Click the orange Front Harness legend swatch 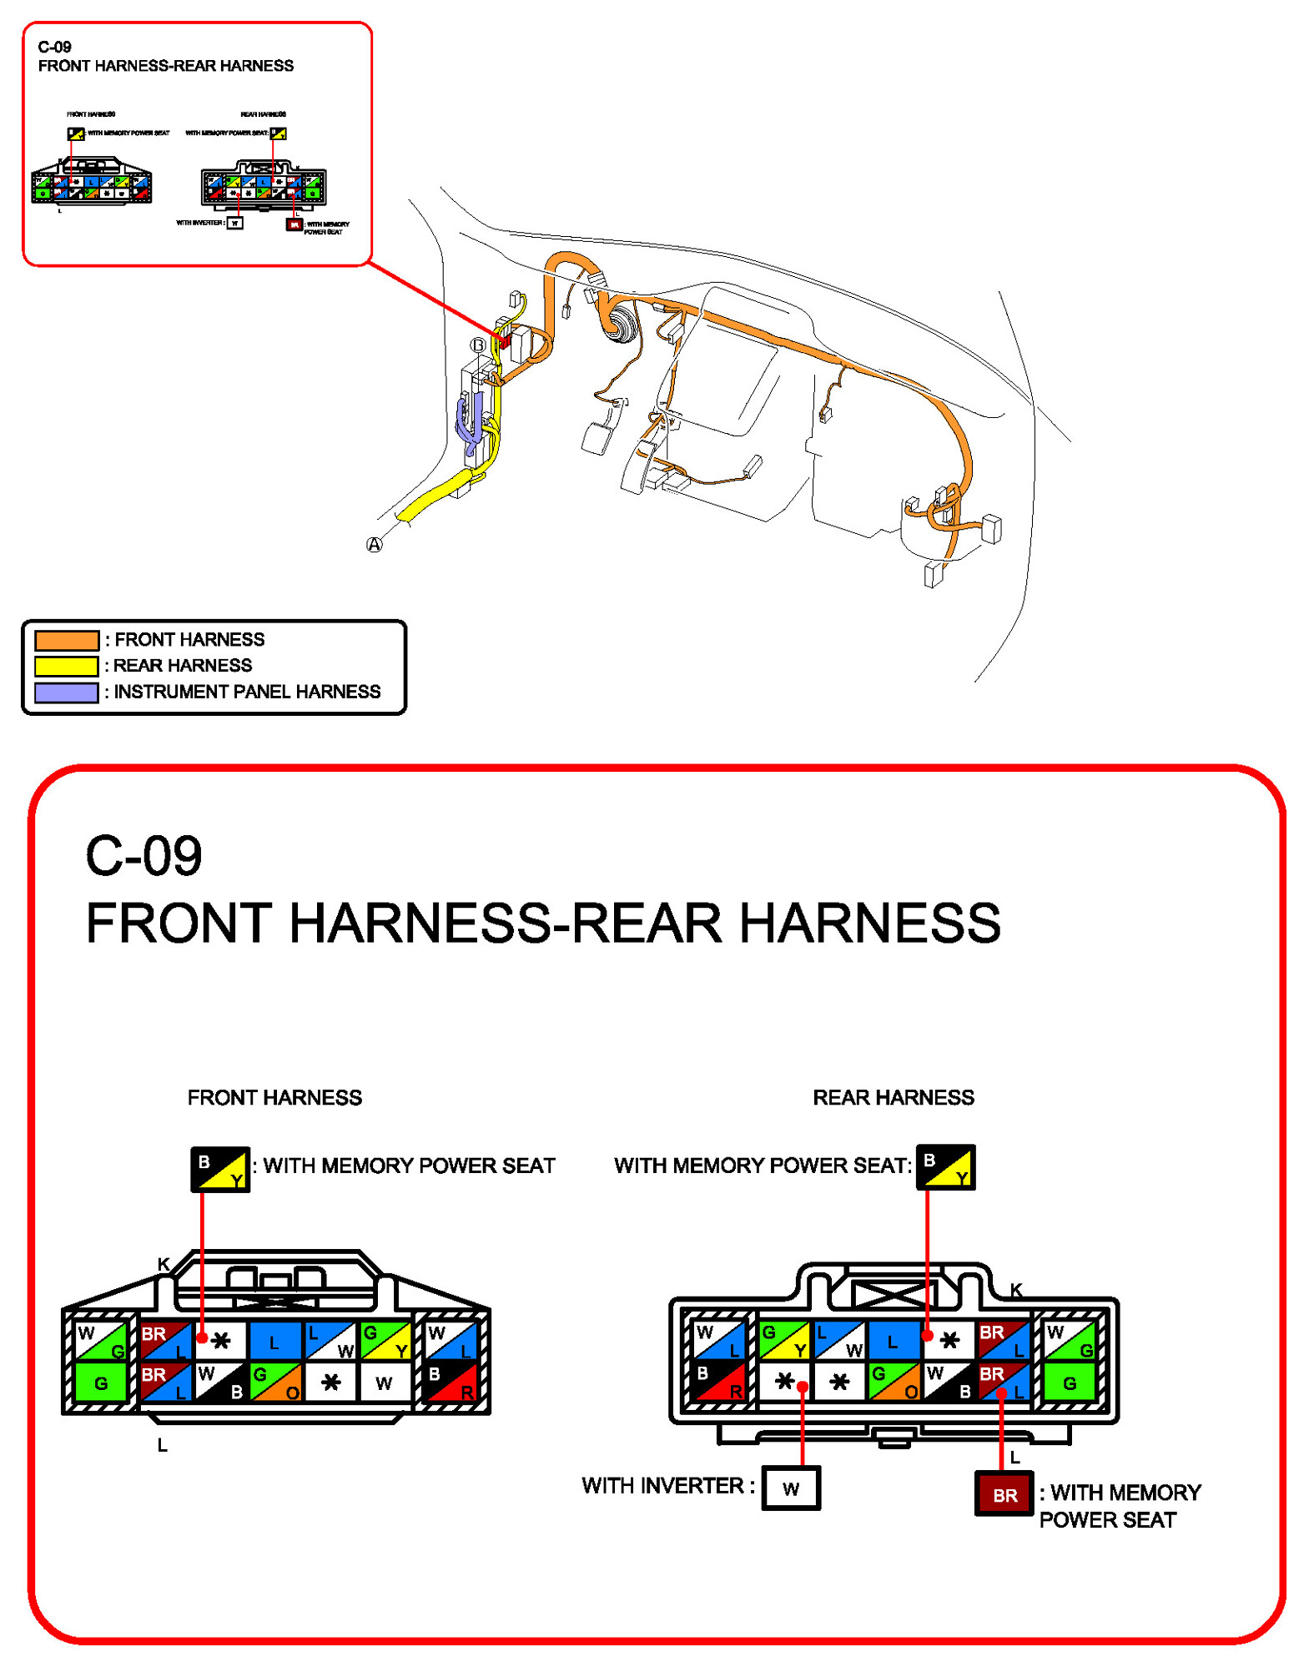[67, 640]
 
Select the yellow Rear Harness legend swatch [67, 666]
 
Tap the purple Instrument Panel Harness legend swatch [67, 692]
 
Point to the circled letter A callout [375, 545]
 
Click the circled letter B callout [478, 345]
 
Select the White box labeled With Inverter [791, 1488]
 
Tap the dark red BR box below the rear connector [1004, 1494]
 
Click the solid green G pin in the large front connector [101, 1382]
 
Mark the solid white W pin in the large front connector [384, 1382]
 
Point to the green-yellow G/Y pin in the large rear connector [784, 1340]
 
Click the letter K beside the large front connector [164, 1265]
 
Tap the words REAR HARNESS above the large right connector [893, 1097]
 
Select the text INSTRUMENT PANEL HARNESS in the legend [247, 692]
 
